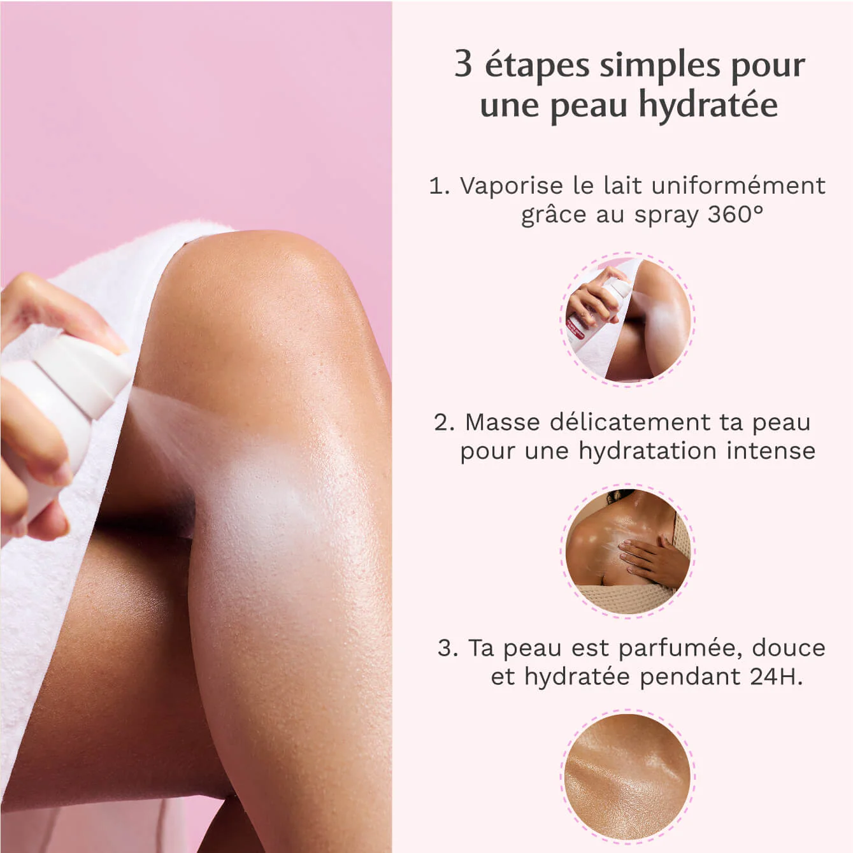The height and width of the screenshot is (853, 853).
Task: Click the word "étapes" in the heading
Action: pyautogui.click(x=537, y=65)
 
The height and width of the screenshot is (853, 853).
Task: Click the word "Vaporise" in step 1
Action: pyautogui.click(x=512, y=185)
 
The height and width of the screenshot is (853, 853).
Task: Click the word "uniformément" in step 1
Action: pyautogui.click(x=739, y=185)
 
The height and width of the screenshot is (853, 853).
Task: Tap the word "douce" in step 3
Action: pyautogui.click(x=789, y=648)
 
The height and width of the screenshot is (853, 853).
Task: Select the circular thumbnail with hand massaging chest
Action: pyautogui.click(x=627, y=551)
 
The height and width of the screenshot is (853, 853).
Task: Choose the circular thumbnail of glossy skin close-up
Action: pyautogui.click(x=627, y=777)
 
